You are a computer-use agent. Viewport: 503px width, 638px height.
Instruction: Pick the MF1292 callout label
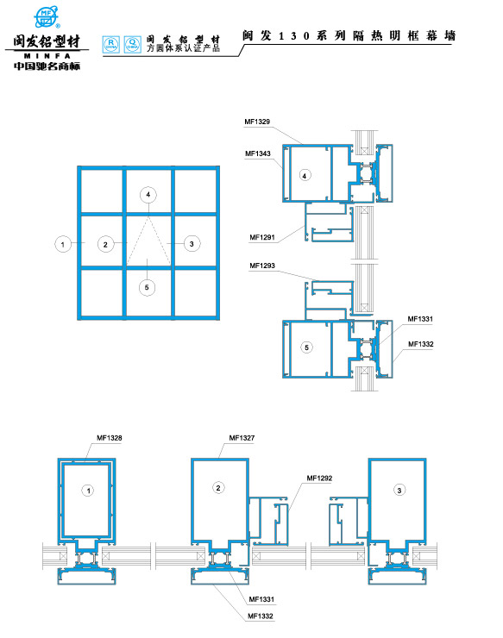click(319, 478)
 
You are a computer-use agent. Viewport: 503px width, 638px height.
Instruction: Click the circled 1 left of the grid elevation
click(63, 244)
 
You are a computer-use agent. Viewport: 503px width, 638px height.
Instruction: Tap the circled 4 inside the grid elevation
click(148, 195)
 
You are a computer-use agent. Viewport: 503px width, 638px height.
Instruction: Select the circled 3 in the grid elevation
click(192, 244)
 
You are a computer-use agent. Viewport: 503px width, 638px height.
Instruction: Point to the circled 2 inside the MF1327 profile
click(218, 489)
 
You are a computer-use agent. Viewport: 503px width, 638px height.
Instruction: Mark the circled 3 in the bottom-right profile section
click(399, 490)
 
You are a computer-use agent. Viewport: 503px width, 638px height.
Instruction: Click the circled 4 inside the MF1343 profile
click(304, 175)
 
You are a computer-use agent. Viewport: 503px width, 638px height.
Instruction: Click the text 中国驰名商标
click(47, 66)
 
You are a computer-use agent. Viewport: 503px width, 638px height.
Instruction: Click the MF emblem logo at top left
click(46, 16)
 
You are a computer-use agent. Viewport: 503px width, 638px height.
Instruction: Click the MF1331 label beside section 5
click(420, 320)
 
